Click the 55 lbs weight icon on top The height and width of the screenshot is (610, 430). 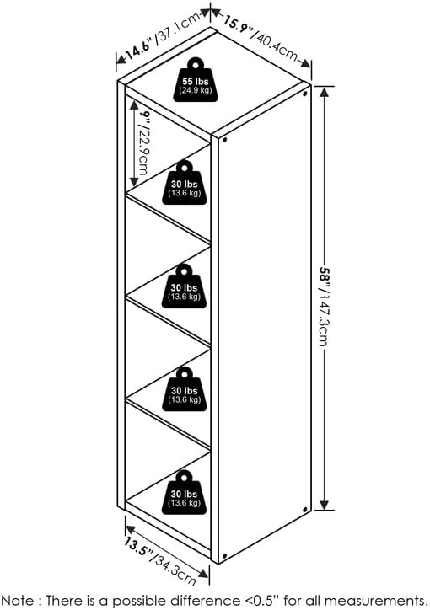click(195, 80)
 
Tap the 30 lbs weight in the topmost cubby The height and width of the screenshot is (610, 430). click(185, 183)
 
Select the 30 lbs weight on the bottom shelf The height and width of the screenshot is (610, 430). click(184, 492)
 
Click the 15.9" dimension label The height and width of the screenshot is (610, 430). click(239, 24)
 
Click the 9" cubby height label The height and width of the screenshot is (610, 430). click(146, 116)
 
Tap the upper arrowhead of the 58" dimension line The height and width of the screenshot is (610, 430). click(325, 92)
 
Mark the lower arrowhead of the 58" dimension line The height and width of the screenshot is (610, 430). click(325, 505)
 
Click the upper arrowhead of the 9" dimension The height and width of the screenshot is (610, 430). click(134, 105)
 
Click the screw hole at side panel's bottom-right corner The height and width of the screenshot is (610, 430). click(304, 510)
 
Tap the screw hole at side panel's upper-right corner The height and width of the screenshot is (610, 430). click(304, 94)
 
